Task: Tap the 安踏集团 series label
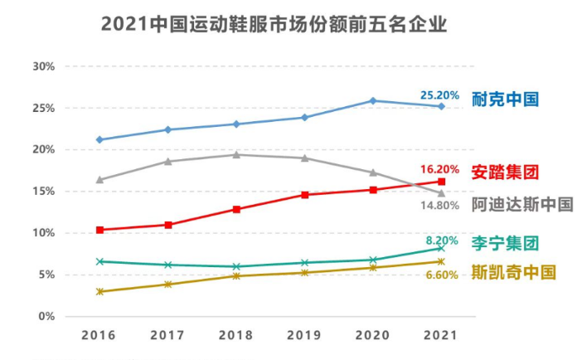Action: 505,173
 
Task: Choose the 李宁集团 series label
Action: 505,243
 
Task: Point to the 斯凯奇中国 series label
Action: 513,272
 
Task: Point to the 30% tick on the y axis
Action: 42,66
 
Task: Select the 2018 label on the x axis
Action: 236,335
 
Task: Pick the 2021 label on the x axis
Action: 441,335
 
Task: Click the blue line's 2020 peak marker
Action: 373,101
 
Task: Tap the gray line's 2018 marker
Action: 236,155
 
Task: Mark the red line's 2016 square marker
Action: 100,230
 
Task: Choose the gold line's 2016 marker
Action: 100,292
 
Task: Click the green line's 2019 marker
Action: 304,263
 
